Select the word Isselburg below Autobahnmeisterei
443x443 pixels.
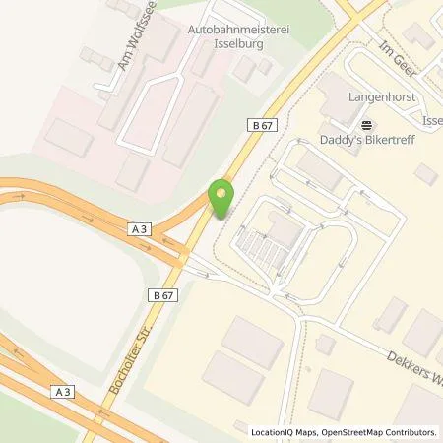click(236, 45)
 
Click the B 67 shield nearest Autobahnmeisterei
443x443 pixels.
click(259, 124)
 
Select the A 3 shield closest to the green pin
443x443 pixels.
click(141, 228)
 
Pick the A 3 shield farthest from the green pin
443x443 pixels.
click(64, 392)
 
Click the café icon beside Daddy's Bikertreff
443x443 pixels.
click(367, 125)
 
